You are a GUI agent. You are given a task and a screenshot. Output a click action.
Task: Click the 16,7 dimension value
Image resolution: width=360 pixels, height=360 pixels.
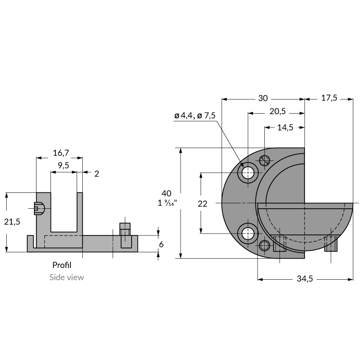click(x=61, y=153)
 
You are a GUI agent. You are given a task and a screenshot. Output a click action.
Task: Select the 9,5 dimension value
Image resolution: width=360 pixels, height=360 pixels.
click(x=64, y=166)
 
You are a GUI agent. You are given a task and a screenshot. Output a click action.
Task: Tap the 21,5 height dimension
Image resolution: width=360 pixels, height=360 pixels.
click(x=12, y=222)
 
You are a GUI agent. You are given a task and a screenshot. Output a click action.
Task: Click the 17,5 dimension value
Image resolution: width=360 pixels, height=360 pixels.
click(x=329, y=98)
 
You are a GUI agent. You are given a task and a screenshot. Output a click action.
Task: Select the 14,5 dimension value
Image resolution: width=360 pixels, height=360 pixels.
click(x=284, y=128)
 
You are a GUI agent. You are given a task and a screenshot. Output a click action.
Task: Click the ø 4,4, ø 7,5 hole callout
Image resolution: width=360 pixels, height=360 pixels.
click(x=195, y=116)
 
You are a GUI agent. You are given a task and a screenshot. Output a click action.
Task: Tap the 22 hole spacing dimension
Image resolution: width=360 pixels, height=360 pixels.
click(x=202, y=204)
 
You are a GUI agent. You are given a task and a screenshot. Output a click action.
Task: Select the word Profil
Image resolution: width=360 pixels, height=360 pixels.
click(x=62, y=265)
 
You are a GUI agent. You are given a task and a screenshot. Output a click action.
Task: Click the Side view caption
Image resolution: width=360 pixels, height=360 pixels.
click(x=66, y=277)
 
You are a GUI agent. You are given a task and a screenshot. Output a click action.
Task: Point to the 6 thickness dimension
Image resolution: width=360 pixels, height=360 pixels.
click(x=161, y=244)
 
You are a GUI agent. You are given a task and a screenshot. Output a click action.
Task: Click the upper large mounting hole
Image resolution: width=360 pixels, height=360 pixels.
click(x=248, y=173)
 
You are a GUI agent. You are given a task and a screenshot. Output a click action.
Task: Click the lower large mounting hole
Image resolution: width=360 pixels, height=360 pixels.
click(x=248, y=233)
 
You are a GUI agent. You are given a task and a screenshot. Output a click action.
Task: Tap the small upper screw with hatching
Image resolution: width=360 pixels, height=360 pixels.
click(x=265, y=160)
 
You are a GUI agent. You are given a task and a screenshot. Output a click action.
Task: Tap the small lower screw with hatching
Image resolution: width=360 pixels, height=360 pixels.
click(x=265, y=245)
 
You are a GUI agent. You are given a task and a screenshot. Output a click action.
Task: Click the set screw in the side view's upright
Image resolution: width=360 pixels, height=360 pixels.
click(x=39, y=208)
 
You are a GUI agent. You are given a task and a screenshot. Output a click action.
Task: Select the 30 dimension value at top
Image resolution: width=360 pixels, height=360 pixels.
click(x=263, y=98)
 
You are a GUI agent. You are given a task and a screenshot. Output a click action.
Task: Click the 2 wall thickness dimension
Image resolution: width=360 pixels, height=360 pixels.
click(x=96, y=173)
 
